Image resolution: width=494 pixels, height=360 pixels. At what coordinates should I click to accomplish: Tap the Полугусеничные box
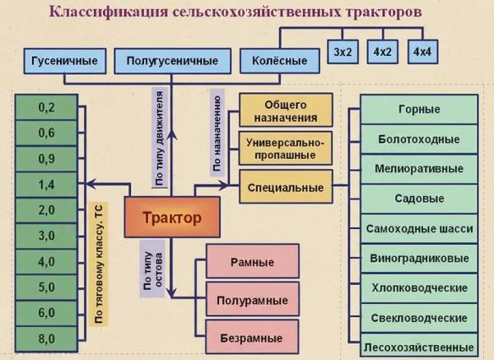[x=171, y=61]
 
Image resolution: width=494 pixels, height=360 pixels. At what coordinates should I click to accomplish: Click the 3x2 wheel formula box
[x=344, y=52]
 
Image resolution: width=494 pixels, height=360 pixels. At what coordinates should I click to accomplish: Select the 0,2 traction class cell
[x=46, y=107]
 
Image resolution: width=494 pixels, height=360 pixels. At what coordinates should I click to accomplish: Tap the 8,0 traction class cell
[x=46, y=338]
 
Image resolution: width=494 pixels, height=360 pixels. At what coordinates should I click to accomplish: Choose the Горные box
[x=419, y=110]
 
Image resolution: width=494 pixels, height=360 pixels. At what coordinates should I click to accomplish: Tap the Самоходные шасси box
[x=419, y=228]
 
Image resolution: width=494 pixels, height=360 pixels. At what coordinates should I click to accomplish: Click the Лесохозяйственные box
[x=419, y=347]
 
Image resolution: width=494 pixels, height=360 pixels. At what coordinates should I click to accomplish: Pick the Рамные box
[x=252, y=263]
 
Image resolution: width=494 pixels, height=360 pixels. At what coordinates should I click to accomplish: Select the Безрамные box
[x=252, y=338]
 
